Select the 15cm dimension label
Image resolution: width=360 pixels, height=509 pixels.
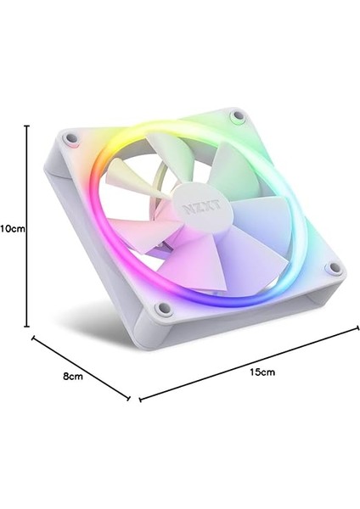click(262, 371)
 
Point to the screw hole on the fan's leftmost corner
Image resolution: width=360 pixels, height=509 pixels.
click(72, 136)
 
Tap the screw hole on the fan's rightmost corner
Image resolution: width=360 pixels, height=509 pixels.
click(333, 269)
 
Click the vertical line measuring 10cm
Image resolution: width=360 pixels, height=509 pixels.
click(27, 227)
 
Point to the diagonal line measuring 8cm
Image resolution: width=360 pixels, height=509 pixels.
click(81, 367)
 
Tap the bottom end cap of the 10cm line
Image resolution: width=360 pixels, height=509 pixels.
click(27, 325)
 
